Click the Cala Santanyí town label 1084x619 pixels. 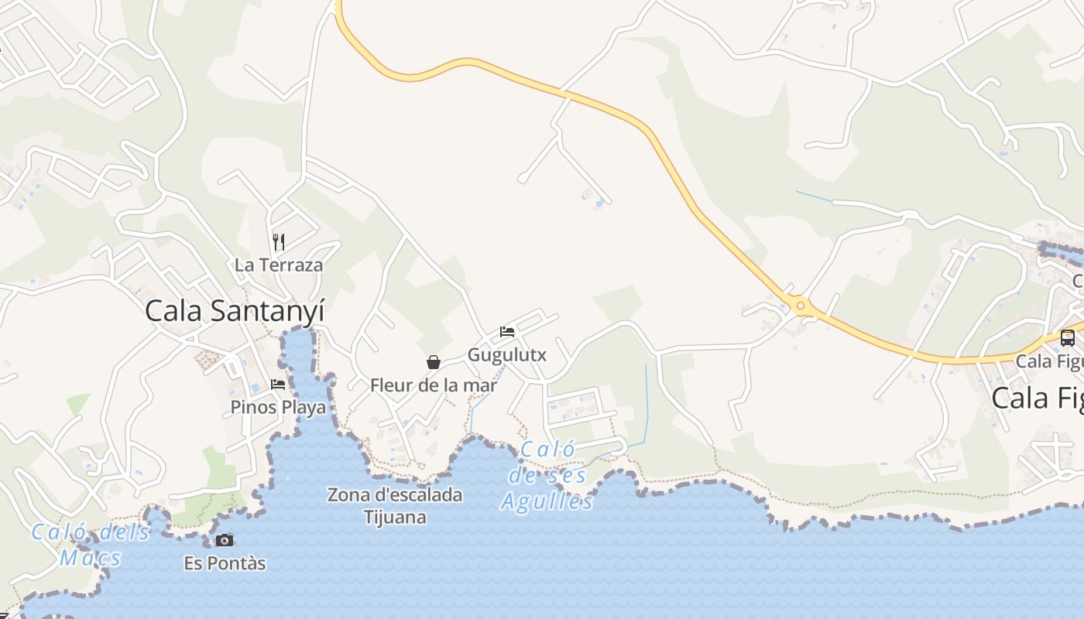tap(235, 311)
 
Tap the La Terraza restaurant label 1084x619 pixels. tap(279, 265)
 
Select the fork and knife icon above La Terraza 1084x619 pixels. tap(279, 242)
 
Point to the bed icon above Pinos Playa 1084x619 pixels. tap(278, 384)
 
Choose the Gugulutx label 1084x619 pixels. tap(507, 355)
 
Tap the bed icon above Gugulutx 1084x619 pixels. tap(507, 332)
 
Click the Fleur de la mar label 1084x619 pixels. tap(434, 385)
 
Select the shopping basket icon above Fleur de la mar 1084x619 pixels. tap(434, 361)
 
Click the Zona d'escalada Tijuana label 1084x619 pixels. tap(395, 505)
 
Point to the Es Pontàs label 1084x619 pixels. tap(225, 563)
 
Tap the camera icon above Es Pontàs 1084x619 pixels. tap(225, 540)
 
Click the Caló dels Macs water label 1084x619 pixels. tap(91, 545)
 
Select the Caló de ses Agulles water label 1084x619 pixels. tap(547, 475)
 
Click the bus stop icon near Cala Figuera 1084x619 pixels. tap(1068, 338)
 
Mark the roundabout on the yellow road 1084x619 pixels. tap(801, 306)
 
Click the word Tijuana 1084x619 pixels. tap(395, 516)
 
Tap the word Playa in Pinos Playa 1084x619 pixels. tap(304, 407)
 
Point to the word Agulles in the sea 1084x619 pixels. tap(547, 501)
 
